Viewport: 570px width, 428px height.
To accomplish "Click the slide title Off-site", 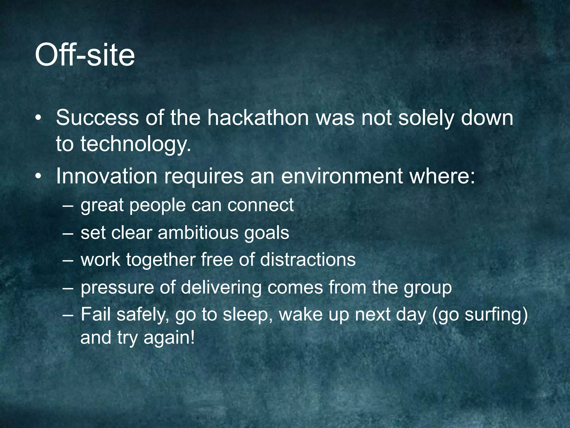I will coord(85,55).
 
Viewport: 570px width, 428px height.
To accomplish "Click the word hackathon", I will coord(258,118).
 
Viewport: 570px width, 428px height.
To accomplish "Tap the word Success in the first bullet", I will coord(97,118).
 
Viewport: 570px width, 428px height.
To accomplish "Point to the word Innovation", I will coord(107,176).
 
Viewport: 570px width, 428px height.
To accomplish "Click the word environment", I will coord(342,176).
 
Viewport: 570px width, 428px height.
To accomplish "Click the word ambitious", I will coord(198,233).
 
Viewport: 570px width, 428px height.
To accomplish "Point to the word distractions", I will coord(308,260).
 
